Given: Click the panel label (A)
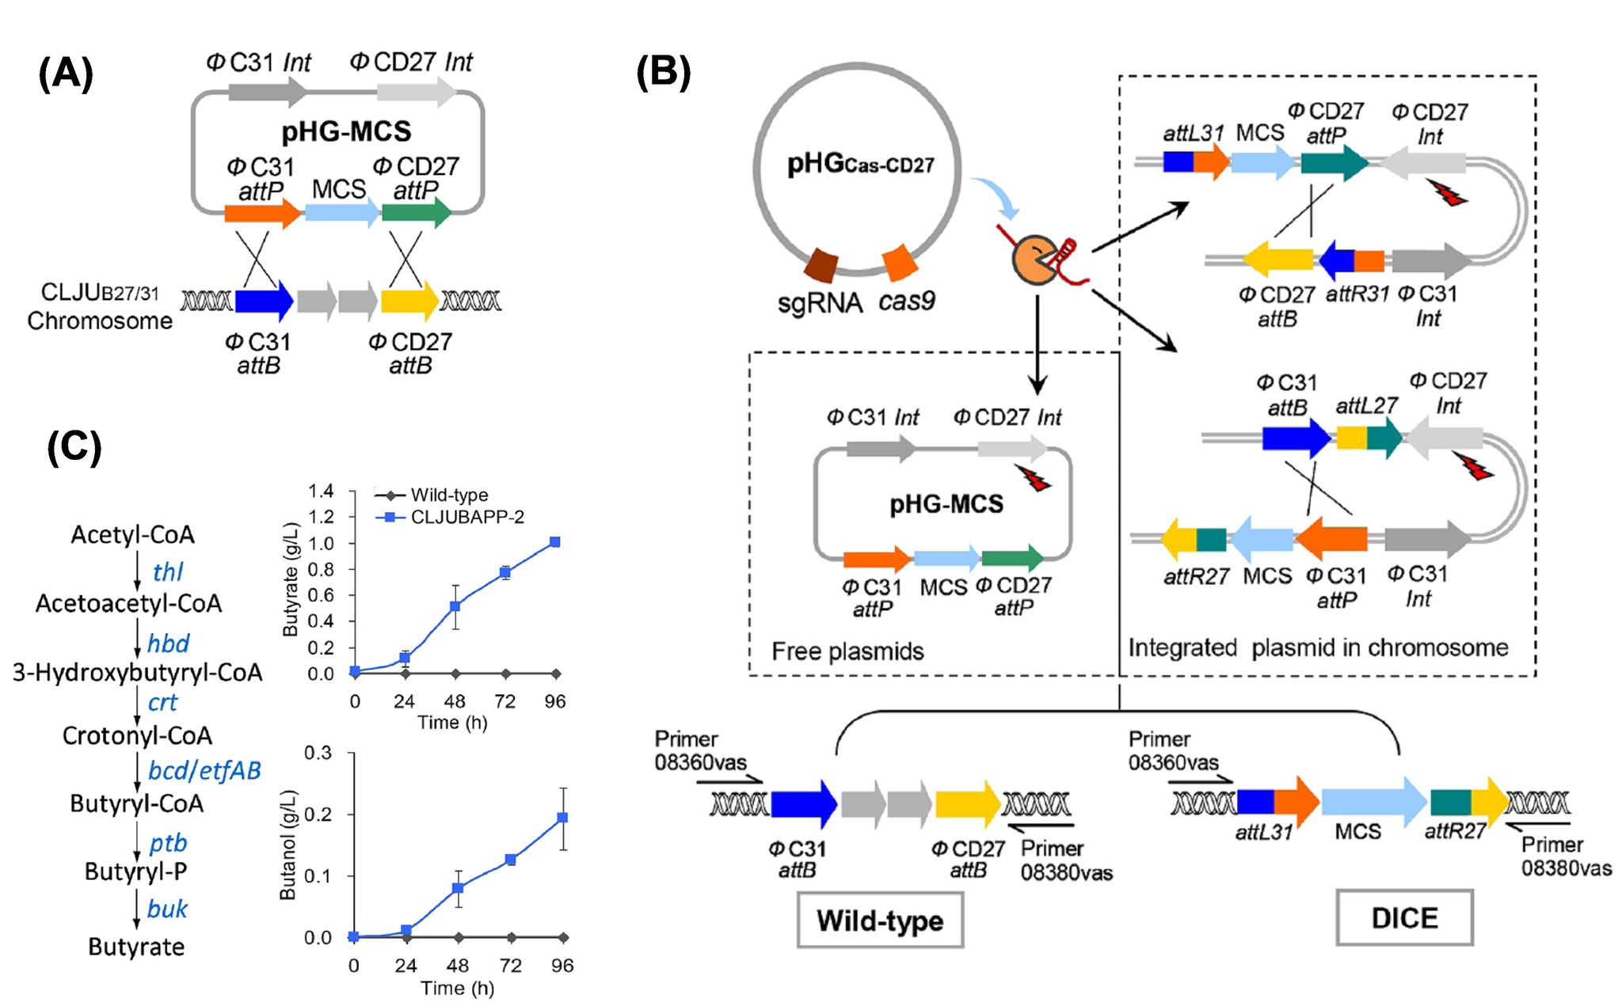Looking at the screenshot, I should (x=66, y=76).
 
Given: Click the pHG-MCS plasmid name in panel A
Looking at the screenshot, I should (x=346, y=130).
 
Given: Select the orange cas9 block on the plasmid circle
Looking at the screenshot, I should (x=900, y=263).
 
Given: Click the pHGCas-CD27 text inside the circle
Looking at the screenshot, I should (x=859, y=165).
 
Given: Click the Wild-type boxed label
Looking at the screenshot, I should (x=880, y=920).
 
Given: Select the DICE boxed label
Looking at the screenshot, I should (x=1403, y=917).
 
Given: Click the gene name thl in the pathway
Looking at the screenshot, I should (x=168, y=571).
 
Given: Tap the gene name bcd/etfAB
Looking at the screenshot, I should (x=204, y=769).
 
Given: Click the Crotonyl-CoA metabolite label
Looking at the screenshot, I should (x=137, y=735).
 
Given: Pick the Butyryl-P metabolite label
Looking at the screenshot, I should (x=136, y=871).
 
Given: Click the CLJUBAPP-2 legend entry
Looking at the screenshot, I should (x=467, y=516).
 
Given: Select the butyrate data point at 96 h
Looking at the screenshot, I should (x=554, y=542).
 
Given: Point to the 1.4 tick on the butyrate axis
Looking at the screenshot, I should (x=322, y=492).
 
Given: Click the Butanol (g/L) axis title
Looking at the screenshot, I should (x=287, y=844).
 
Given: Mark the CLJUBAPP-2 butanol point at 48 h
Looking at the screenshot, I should (x=458, y=887).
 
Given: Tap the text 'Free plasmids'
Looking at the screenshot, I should (x=847, y=651).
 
